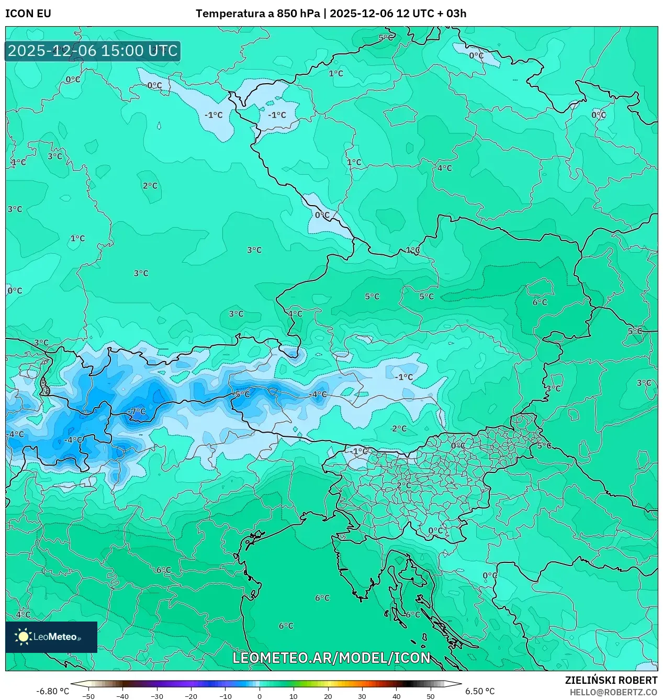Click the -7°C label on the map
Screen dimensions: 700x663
tap(137, 412)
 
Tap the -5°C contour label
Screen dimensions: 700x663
tap(241, 394)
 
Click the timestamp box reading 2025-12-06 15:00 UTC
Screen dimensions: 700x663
tap(93, 51)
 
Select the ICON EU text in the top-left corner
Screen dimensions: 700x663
tap(28, 14)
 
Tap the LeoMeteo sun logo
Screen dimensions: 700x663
tap(23, 636)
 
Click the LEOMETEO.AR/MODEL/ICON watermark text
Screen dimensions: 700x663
tap(331, 658)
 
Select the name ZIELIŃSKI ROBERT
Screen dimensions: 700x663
tap(611, 680)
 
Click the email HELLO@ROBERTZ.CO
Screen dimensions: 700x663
tap(613, 692)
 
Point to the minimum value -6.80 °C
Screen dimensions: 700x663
tap(52, 691)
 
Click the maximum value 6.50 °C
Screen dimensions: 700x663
tap(480, 691)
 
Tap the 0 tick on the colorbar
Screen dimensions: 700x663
tap(260, 696)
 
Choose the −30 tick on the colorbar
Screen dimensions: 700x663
tap(157, 696)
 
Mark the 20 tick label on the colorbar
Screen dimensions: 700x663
tap(328, 696)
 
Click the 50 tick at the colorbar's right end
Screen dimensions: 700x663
tap(430, 696)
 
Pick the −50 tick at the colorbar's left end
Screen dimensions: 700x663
tap(88, 696)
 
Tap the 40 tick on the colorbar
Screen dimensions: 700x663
tap(396, 696)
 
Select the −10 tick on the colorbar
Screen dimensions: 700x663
tap(225, 696)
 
